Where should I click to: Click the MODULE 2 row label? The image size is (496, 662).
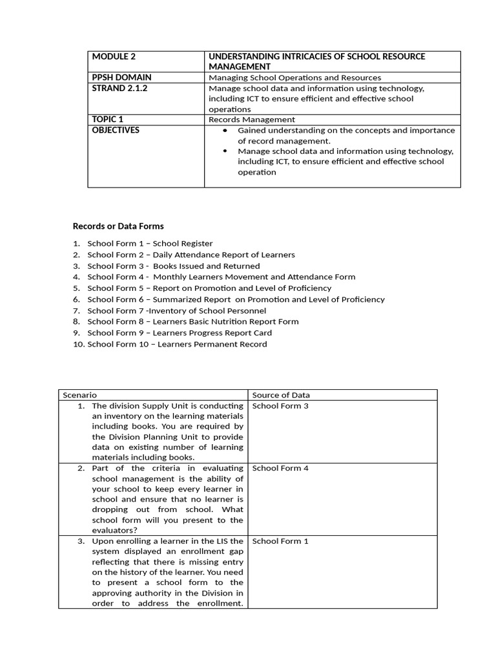114,57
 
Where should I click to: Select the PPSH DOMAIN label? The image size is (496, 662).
121,78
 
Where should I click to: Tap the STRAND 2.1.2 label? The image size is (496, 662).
119,89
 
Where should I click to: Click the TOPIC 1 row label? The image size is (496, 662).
108,120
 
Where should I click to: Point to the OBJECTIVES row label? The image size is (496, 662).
116,130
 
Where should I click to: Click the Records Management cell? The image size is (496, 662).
251,120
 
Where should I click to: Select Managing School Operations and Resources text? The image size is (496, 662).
294,78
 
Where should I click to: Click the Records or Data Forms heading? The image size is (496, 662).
118,226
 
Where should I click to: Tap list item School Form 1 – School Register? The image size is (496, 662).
150,244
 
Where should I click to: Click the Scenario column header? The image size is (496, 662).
80,395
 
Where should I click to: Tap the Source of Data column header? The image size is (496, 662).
281,395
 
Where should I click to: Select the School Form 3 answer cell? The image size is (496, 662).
280,406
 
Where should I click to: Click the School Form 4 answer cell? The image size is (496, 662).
280,468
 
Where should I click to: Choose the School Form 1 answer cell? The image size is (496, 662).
280,541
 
